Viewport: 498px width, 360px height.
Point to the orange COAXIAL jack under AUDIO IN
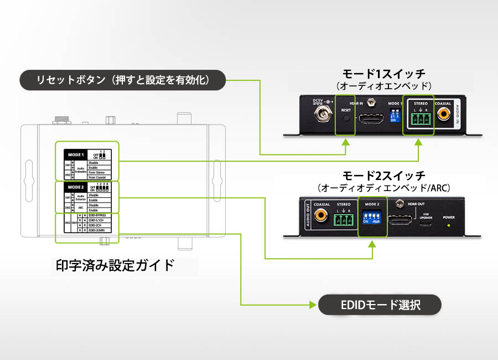click(443, 115)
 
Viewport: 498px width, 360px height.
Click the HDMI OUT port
click(400, 222)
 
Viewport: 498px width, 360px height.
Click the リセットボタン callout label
click(123, 80)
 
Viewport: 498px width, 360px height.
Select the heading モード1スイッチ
click(384, 74)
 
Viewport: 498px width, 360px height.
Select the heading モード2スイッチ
click(384, 175)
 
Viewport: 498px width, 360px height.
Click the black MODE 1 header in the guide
click(75, 155)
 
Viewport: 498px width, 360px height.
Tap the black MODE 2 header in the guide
click(75, 187)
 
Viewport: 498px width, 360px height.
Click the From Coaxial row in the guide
click(101, 177)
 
